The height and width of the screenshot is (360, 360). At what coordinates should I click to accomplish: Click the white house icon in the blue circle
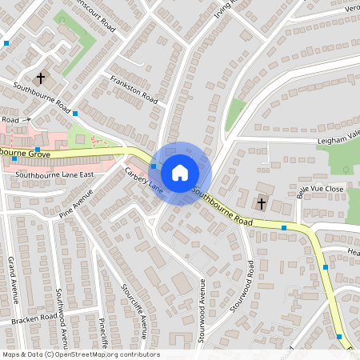pyautogui.click(x=179, y=173)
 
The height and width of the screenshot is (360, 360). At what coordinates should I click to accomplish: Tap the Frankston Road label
pyautogui.click(x=134, y=87)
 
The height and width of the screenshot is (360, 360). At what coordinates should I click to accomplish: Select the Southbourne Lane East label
pyautogui.click(x=55, y=174)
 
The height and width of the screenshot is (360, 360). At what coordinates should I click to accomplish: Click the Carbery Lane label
pyautogui.click(x=144, y=179)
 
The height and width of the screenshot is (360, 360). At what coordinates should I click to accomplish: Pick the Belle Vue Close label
pyautogui.click(x=320, y=190)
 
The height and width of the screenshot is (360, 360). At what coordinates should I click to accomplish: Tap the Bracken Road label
pyautogui.click(x=34, y=319)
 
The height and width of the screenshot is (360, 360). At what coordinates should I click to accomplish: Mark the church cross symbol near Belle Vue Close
pyautogui.click(x=261, y=204)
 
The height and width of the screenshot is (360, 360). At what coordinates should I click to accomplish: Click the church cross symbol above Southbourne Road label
pyautogui.click(x=40, y=78)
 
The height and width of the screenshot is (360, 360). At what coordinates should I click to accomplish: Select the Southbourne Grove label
pyautogui.click(x=26, y=152)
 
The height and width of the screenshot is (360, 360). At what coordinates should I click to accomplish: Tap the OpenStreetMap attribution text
pyautogui.click(x=81, y=354)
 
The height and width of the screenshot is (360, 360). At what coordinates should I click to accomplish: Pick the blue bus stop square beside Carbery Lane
pyautogui.click(x=154, y=166)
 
